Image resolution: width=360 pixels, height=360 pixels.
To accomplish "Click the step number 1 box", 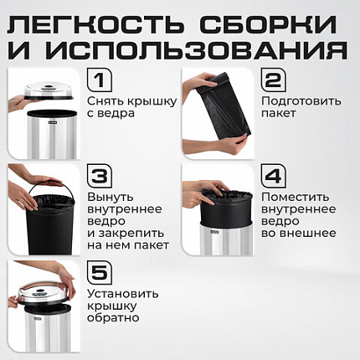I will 100,82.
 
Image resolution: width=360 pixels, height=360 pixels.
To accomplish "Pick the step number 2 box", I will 272,82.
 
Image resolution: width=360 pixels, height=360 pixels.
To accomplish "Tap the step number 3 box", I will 100,177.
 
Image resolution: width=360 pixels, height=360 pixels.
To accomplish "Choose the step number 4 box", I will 272,177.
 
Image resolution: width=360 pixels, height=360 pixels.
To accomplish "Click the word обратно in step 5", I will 112,318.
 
